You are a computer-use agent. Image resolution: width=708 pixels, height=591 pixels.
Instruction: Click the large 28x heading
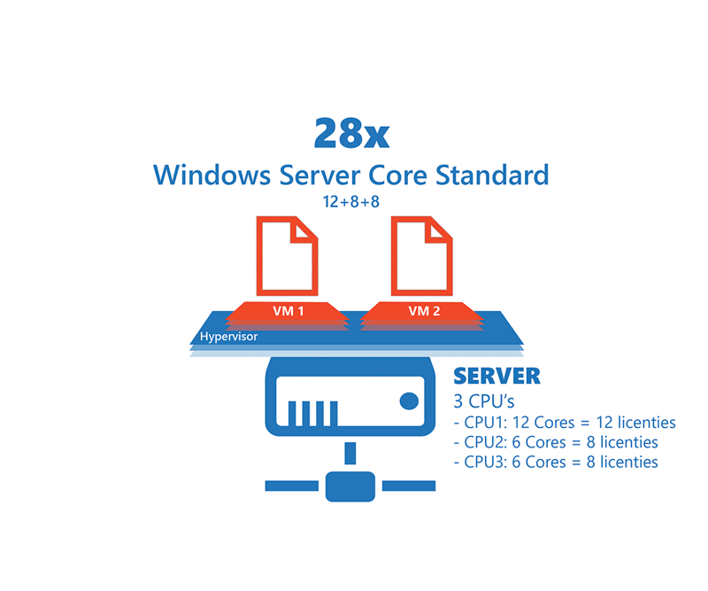pos(351,134)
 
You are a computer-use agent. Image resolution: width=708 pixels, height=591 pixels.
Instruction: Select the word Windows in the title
pos(212,175)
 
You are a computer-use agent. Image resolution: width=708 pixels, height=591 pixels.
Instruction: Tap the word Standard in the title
pos(492,175)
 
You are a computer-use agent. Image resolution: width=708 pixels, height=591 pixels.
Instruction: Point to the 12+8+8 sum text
pos(351,202)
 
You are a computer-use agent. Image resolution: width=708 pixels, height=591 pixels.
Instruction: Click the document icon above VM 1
pos(287,256)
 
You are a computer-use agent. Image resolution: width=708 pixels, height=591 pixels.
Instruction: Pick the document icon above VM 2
pos(422,256)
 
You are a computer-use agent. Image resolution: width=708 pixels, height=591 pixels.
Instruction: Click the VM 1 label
pos(289,311)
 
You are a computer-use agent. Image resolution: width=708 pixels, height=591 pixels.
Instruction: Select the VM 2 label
pos(424,311)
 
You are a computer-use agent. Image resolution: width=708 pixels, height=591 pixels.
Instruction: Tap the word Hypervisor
pos(228,337)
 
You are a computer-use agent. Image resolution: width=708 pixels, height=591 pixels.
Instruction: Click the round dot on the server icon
pos(409,401)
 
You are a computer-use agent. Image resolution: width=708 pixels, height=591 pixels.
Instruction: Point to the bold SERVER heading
pos(496,377)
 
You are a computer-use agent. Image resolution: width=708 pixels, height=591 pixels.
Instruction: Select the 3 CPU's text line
pos(483,401)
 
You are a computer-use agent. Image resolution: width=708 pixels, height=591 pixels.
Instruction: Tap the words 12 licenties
pos(635,423)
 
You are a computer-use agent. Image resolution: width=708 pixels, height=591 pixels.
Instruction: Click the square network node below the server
pos(350,486)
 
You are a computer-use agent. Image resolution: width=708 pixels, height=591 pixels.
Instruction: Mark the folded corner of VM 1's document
pos(304,230)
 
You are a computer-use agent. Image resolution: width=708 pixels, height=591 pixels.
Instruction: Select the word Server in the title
pos(319,175)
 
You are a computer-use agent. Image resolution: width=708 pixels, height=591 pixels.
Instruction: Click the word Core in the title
pos(397,175)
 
